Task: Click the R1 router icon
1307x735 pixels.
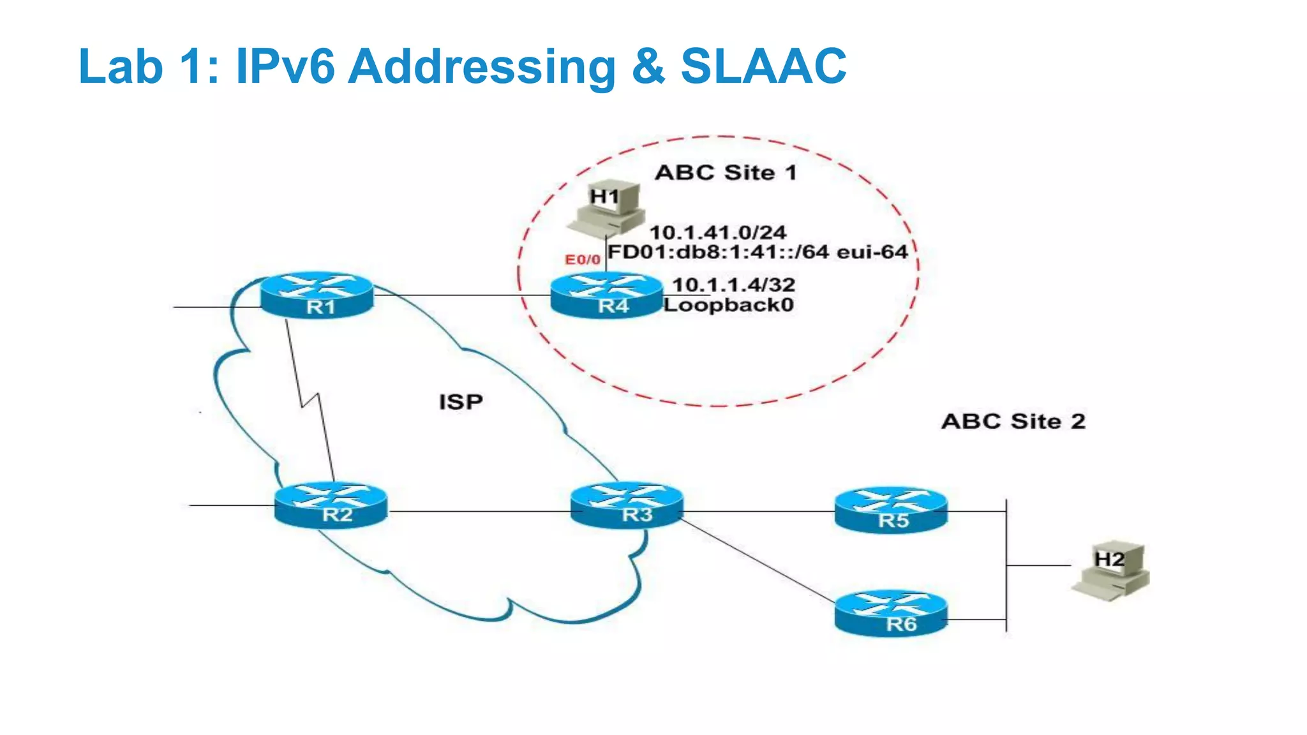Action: pos(317,295)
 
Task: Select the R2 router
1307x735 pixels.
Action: pos(331,505)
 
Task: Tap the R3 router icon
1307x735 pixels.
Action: pos(627,505)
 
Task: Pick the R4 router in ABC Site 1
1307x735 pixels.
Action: pos(606,295)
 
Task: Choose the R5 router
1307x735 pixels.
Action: pos(891,510)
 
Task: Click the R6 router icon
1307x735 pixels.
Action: pos(891,613)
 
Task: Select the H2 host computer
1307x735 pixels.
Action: pos(1110,570)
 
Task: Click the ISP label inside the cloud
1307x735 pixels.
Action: pos(461,402)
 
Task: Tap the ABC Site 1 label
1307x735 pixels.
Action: pos(726,173)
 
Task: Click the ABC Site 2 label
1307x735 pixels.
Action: pos(1013,422)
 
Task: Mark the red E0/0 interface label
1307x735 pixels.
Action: pos(582,260)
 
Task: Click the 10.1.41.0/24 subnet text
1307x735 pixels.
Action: pos(717,232)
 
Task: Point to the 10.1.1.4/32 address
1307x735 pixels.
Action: pos(733,285)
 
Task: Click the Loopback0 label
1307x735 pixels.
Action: pos(728,305)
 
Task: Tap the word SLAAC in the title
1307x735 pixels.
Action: pos(763,66)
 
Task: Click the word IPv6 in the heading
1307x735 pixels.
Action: pos(285,66)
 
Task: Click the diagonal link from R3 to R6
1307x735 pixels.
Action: pos(757,560)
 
